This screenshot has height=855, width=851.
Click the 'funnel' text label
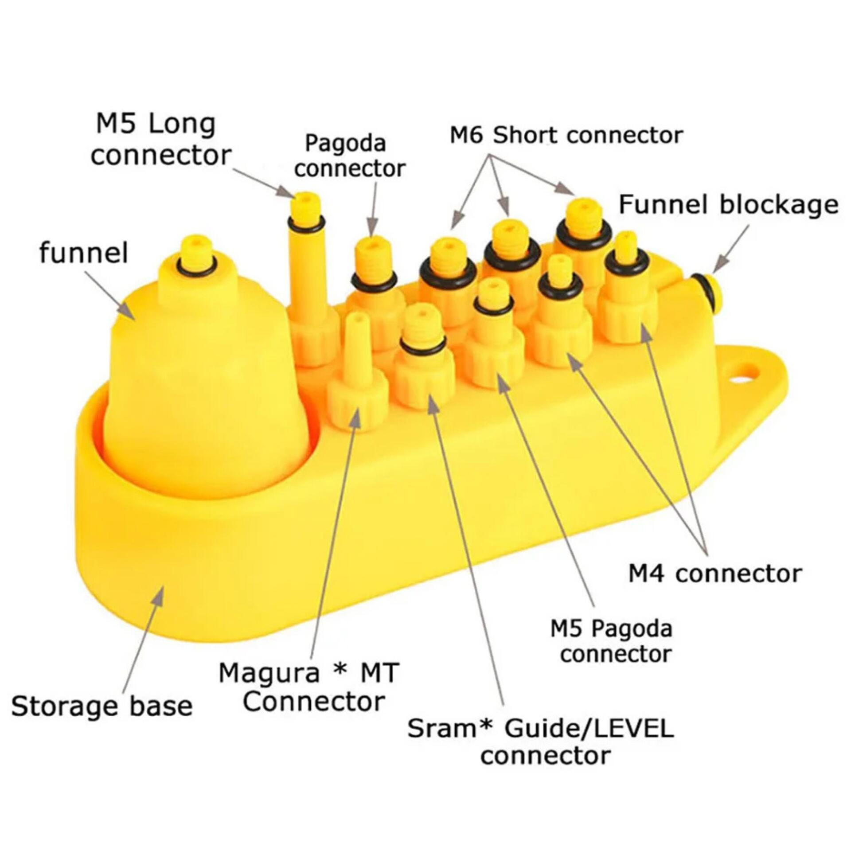point(84,253)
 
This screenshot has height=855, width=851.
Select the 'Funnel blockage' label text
point(728,205)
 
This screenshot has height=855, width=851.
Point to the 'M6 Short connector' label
point(566,135)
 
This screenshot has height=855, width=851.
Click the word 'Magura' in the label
point(269,673)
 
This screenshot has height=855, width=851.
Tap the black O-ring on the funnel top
point(197,266)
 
